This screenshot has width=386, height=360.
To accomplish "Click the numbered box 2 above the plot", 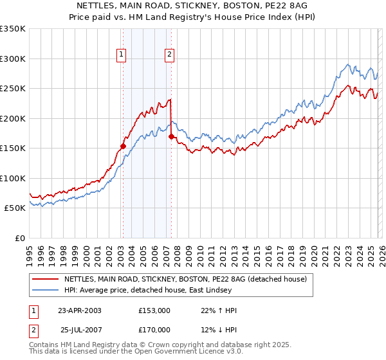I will pos(169,55).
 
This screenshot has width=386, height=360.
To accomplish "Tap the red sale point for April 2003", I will pos(123,146).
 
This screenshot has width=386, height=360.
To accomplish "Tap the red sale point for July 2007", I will pos(171,136).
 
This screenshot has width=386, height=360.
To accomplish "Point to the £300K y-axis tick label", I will pos(13,59).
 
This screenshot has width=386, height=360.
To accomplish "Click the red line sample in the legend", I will pos(46,279).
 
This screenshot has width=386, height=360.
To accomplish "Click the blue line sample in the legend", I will pos(46,290).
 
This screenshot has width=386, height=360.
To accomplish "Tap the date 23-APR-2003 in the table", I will pos(79,310).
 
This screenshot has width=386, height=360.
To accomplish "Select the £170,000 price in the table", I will pos(154,329).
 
